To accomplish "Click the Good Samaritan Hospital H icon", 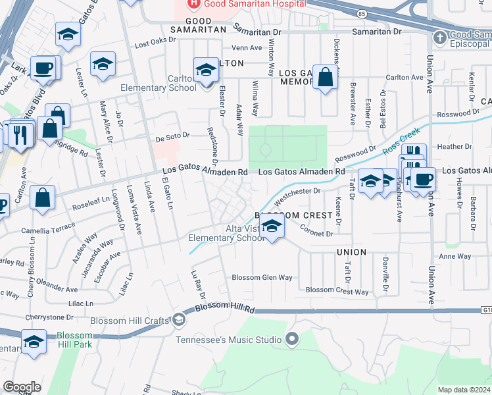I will (x=194, y=4).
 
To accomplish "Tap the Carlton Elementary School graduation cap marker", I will (x=206, y=70).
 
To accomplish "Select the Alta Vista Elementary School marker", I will (x=270, y=227).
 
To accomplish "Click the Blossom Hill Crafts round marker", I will (x=178, y=320).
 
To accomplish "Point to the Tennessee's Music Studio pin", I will (x=293, y=340).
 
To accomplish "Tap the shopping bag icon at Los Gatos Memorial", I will (x=325, y=77).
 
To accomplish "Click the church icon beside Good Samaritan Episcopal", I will (x=439, y=38).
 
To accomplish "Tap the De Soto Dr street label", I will (x=172, y=137).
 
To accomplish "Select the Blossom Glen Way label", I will (x=262, y=278).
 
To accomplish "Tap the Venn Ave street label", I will (x=247, y=47).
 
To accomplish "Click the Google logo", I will (x=22, y=387).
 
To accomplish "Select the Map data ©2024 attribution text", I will (x=464, y=390).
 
